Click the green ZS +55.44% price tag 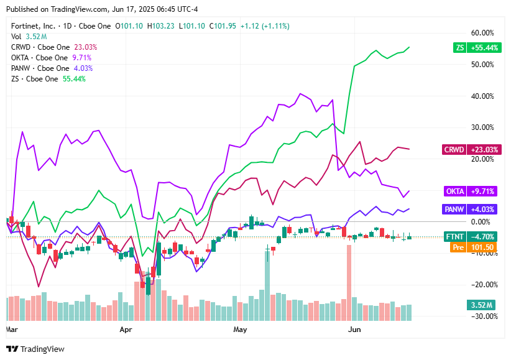tap(476, 47)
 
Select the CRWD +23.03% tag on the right tap(471, 149)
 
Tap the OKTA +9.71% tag tap(472, 191)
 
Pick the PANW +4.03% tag tap(471, 209)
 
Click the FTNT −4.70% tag tap(472, 236)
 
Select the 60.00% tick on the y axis tap(483, 33)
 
